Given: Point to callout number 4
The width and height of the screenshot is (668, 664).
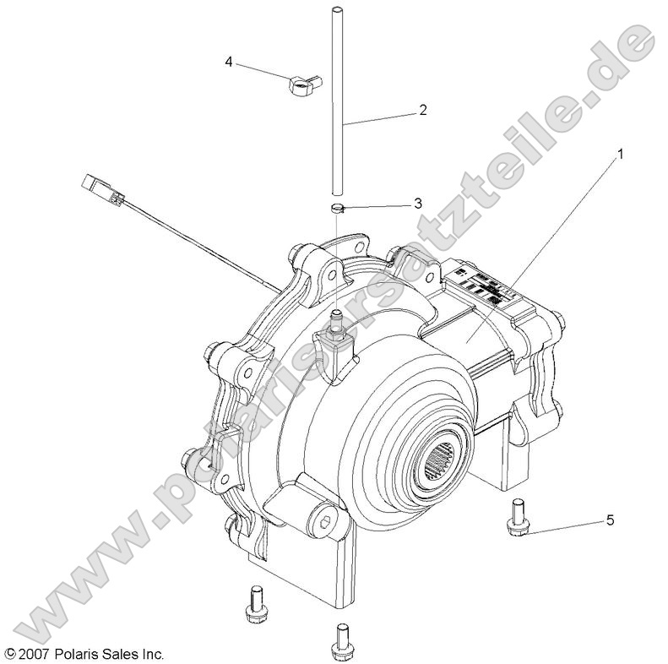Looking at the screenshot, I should tap(229, 62).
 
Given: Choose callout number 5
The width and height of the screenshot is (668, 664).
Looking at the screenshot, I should tap(611, 521).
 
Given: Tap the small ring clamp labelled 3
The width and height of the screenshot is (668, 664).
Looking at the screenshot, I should tap(337, 206).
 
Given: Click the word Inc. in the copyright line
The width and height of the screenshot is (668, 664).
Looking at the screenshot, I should tap(151, 654).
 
